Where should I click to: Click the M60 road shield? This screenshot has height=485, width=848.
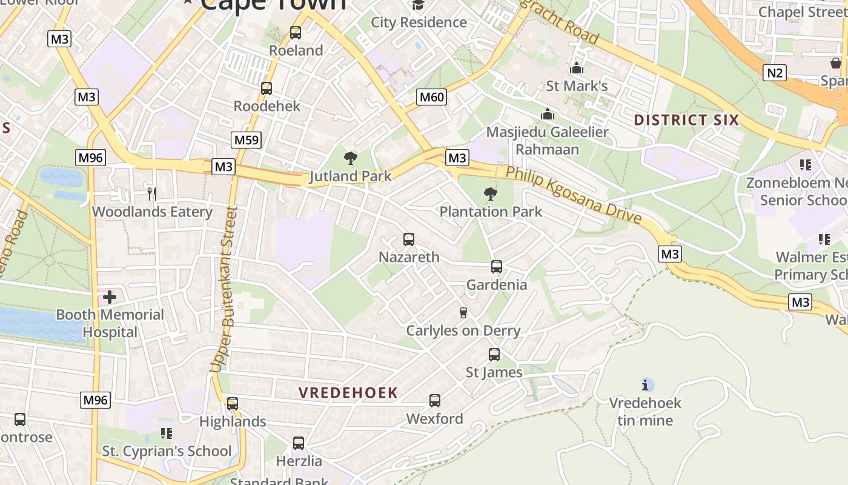coord(432,97)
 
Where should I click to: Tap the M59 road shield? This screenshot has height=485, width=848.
coord(246,140)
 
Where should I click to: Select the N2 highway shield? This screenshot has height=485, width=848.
coord(775,73)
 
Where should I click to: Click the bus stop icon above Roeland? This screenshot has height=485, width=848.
coord(296,33)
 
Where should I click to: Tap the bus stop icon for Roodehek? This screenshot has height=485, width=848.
coord(267,89)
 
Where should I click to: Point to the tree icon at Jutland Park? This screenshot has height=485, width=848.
coord(350,159)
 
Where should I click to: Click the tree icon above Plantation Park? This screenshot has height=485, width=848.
coord(491,194)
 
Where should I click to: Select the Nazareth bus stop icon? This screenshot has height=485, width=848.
coord(409,239)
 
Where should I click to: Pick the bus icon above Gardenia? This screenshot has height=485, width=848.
coord(497,267)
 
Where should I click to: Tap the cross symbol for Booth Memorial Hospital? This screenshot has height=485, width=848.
coord(110,297)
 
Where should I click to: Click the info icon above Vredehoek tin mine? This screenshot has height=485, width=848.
coord(646,384)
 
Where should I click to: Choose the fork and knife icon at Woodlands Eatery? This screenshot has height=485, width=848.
coord(152,194)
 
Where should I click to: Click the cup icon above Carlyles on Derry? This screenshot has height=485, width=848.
coord(463,313)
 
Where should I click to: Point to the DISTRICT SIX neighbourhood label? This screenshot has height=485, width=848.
coord(686,120)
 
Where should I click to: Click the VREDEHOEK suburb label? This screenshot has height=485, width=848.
coord(348,393)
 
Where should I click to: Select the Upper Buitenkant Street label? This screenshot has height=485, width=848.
coord(224,289)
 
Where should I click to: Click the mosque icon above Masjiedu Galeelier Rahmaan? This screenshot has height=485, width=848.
coord(548,114)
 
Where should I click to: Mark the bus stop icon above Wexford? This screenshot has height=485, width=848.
coord(435,401)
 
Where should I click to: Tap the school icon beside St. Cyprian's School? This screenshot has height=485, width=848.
coord(167,433)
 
